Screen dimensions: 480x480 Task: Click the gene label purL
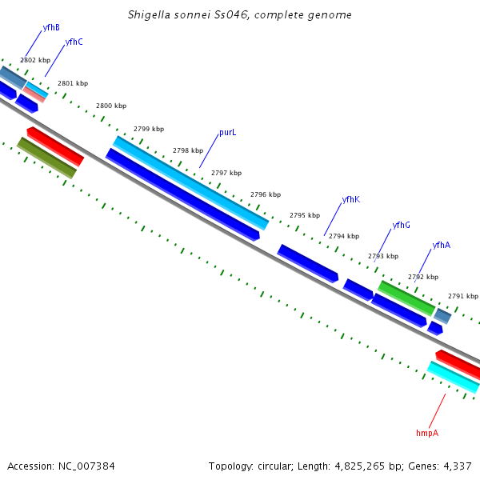227,133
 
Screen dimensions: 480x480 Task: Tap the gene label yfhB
51,27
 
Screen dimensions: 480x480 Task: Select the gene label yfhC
74,42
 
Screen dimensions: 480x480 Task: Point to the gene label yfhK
350,199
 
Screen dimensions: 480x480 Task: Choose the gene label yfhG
401,226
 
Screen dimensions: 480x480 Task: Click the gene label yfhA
441,246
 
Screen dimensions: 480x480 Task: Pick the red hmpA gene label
427,433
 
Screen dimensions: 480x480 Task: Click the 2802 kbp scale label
35,60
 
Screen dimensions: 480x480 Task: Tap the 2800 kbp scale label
111,106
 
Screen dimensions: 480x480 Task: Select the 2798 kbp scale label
188,150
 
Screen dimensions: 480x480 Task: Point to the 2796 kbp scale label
266,194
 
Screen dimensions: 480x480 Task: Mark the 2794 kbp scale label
344,236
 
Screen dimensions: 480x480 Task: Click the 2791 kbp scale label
462,296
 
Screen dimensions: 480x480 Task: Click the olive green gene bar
46,158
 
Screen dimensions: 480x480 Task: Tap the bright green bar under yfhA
406,298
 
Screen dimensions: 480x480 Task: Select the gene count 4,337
456,466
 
